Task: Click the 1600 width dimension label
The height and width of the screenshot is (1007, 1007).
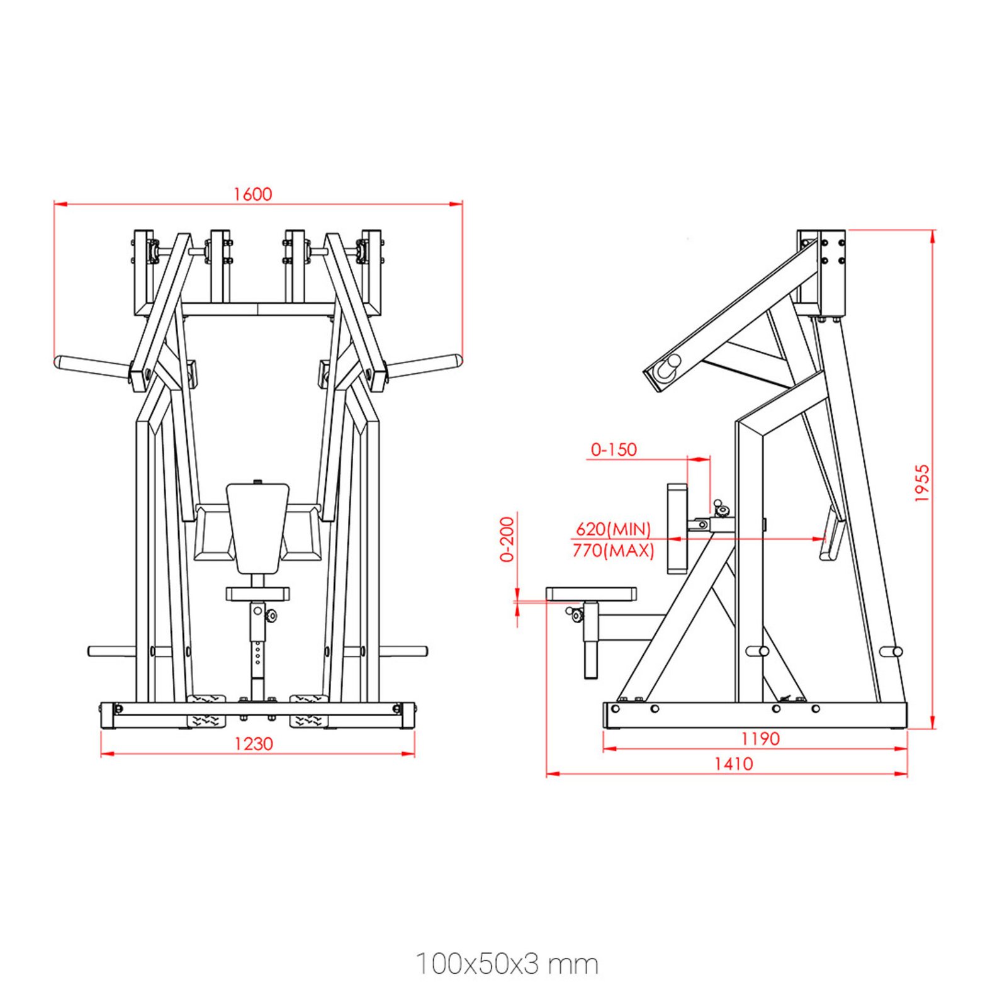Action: tap(252, 194)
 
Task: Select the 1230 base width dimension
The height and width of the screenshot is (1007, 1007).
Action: tap(254, 744)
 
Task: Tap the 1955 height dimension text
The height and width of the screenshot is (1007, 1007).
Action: tap(921, 483)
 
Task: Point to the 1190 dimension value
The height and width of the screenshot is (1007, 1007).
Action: tap(760, 738)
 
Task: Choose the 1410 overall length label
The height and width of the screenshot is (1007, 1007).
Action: tap(733, 763)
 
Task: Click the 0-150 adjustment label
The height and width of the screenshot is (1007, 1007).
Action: tap(614, 449)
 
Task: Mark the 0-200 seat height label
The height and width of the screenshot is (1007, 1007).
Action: tap(507, 539)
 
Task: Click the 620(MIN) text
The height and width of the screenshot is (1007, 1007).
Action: tap(613, 529)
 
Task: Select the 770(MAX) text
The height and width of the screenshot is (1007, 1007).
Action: tap(613, 551)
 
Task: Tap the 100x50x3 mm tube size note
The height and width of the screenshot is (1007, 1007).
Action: tap(507, 964)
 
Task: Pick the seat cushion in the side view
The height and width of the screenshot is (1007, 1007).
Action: tap(590, 594)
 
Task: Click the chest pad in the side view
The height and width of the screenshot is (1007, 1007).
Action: tap(677, 527)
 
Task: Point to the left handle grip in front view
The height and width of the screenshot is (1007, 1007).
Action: tap(91, 366)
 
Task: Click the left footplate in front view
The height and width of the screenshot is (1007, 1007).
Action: tap(206, 709)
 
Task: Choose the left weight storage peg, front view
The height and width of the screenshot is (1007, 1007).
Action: tap(111, 651)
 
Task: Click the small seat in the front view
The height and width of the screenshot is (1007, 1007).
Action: tap(257, 594)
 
